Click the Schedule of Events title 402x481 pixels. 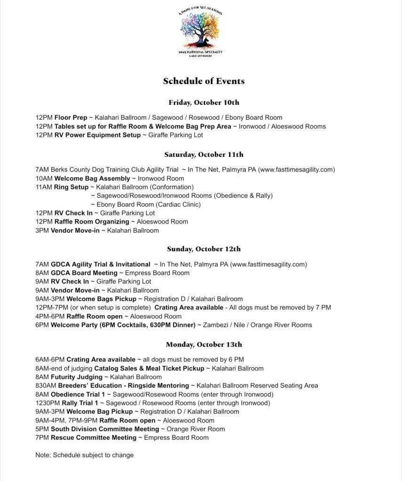pos(204,81)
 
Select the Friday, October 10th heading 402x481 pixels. pos(204,102)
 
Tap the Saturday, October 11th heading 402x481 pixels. pos(204,155)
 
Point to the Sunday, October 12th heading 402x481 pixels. pos(204,249)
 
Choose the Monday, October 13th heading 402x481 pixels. pos(204,344)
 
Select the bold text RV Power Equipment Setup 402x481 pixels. pos(97,135)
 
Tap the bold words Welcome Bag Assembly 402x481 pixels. pos(92,178)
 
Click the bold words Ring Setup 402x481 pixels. pos(71,187)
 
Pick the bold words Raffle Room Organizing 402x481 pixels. pos(92,222)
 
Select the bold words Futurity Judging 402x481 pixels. pos(77,377)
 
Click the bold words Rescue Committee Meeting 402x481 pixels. pos(94,438)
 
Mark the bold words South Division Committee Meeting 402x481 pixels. pos(105,429)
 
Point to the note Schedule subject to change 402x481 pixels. pos(85,455)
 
